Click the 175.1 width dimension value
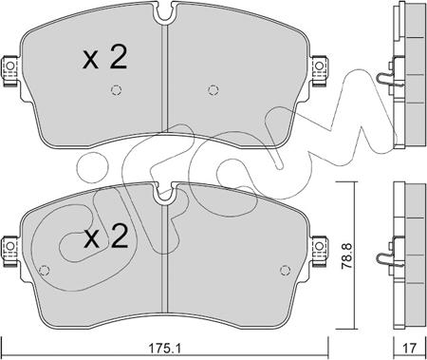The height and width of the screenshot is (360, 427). [x=164, y=349]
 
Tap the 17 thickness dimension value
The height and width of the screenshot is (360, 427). [x=410, y=349]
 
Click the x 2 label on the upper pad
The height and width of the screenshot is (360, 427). [x=104, y=57]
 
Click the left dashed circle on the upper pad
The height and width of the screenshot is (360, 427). [x=116, y=90]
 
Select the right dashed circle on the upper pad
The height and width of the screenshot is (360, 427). [x=213, y=90]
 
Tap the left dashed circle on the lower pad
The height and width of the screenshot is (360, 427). [x=44, y=270]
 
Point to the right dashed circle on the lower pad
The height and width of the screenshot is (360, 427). [x=286, y=270]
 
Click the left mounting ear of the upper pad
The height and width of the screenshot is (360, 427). [x=9, y=70]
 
